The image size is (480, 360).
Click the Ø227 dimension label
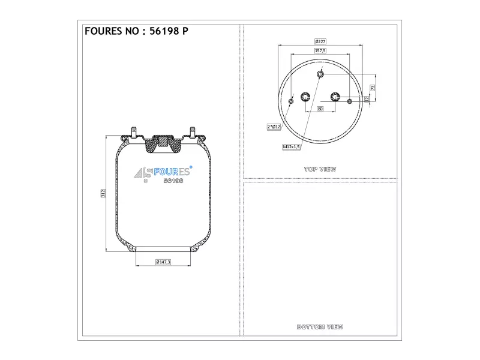(320, 41)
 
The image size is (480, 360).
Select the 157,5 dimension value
(320, 50)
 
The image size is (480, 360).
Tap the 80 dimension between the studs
(320, 109)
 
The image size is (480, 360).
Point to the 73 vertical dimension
(373, 88)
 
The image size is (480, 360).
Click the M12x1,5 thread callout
(291, 147)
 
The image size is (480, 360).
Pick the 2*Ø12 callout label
(274, 127)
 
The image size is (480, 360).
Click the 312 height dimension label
(103, 193)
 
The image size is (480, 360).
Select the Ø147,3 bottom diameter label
(163, 262)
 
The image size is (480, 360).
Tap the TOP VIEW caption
(320, 169)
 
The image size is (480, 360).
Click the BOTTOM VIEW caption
(320, 327)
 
